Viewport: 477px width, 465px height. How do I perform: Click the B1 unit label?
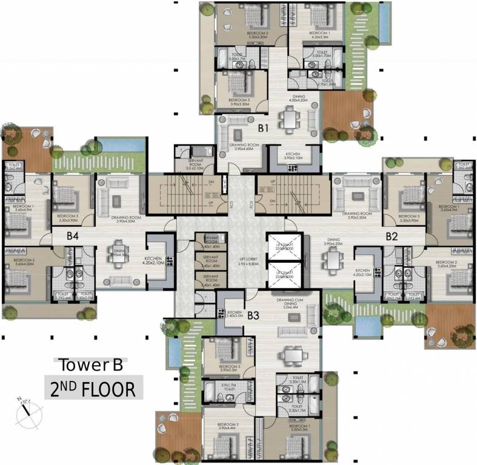(263, 128)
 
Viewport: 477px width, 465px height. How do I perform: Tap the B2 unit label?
(392, 236)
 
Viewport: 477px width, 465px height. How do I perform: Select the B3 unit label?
(253, 315)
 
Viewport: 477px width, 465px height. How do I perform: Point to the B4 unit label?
(73, 236)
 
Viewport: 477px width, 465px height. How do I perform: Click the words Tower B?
(90, 365)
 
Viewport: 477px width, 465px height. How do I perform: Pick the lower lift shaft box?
(284, 274)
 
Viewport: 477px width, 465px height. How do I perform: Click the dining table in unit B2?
(333, 259)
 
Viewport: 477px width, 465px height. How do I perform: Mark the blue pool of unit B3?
(173, 352)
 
